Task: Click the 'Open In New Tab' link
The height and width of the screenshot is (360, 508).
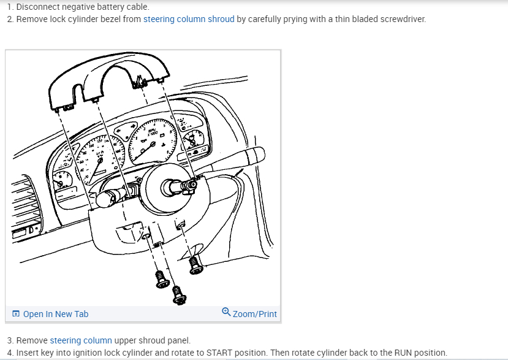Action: [55, 314]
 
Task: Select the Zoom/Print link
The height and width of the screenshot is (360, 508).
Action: [254, 314]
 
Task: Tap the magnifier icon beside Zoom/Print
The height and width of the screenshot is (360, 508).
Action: [226, 312]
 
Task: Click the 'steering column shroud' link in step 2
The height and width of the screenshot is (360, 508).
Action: [189, 19]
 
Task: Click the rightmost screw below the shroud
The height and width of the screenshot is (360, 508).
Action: [196, 265]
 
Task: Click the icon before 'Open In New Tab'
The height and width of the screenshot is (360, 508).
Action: [16, 314]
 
